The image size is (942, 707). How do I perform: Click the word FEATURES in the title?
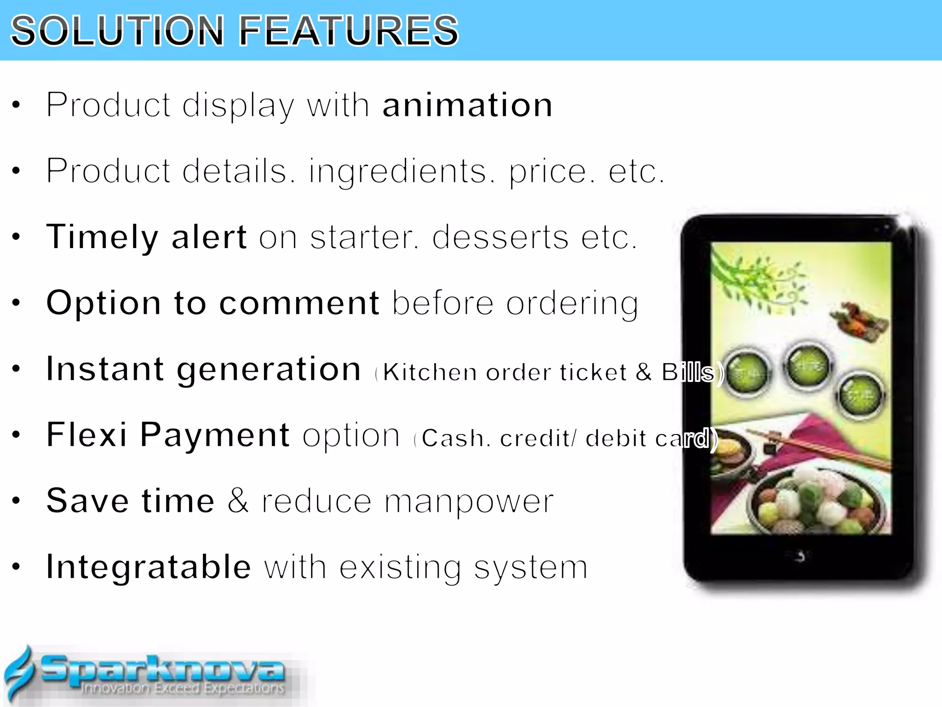pyautogui.click(x=349, y=31)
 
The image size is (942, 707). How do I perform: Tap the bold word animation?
pyautogui.click(x=467, y=105)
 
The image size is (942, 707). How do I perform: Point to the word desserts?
pyautogui.click(x=500, y=238)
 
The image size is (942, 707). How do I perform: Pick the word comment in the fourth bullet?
pyautogui.click(x=299, y=303)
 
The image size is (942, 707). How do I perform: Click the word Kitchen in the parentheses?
pyautogui.click(x=430, y=372)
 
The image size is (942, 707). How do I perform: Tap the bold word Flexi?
pyautogui.click(x=86, y=435)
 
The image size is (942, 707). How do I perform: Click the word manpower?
pyautogui.click(x=469, y=501)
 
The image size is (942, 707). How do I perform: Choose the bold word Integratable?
pyautogui.click(x=149, y=567)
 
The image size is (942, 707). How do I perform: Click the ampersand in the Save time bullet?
pyautogui.click(x=238, y=501)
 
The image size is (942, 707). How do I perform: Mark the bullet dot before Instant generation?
pyautogui.click(x=17, y=369)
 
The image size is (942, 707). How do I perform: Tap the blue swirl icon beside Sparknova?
pyautogui.click(x=19, y=674)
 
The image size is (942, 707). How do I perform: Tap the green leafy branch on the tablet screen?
pyautogui.click(x=759, y=281)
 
